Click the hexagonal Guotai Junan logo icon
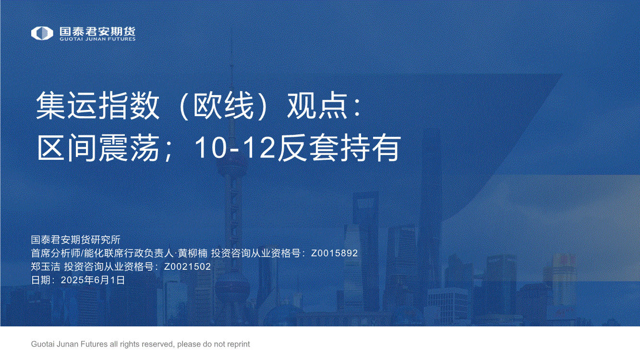(42, 33)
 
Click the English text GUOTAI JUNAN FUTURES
(97, 39)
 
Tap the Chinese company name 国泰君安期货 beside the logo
(97, 31)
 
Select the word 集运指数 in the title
(97, 106)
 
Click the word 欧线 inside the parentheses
(223, 106)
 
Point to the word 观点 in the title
(317, 106)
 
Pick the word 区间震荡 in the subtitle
(98, 148)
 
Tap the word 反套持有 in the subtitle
(339, 148)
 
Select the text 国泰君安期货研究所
(76, 240)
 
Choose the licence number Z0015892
(334, 253)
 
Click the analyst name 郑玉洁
(46, 266)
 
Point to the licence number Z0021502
(187, 266)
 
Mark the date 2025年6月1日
(93, 280)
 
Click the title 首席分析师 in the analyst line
(56, 253)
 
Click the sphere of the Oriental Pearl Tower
(231, 168)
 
